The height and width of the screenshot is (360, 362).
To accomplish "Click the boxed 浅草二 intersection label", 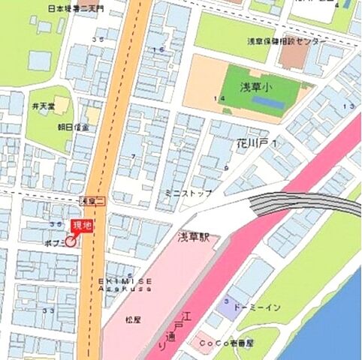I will pos(91,201).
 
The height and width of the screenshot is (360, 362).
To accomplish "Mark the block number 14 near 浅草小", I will pos(219,99).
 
